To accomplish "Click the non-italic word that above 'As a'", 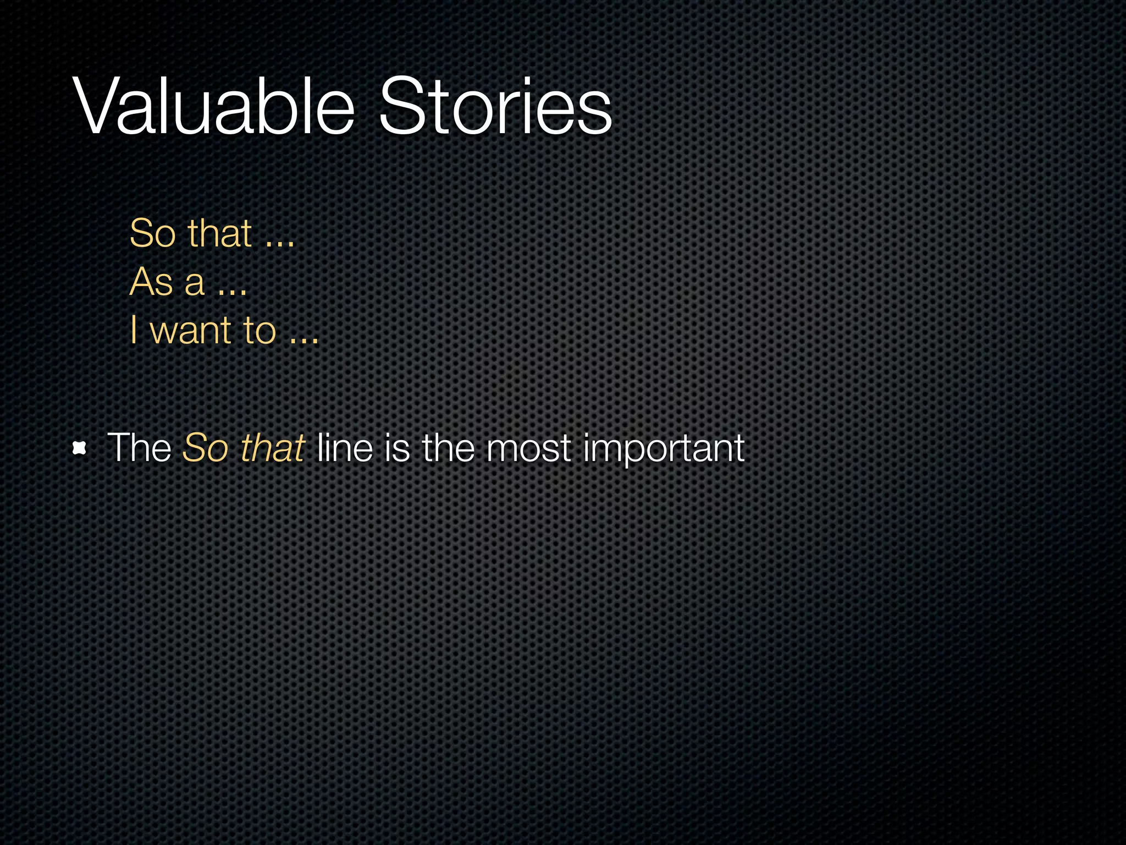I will coord(220,233).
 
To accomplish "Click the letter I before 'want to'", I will coord(134,330).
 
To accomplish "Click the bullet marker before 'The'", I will coord(80,449).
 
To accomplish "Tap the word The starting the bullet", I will coord(140,448).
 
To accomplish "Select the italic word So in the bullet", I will coord(205,448).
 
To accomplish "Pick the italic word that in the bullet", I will coord(273,448).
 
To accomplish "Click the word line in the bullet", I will coord(345,448).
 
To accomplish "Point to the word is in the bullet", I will coord(397,448).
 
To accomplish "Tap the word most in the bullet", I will coord(528,449).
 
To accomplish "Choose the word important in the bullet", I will coord(664,449).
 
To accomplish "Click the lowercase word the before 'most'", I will coord(448,448).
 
